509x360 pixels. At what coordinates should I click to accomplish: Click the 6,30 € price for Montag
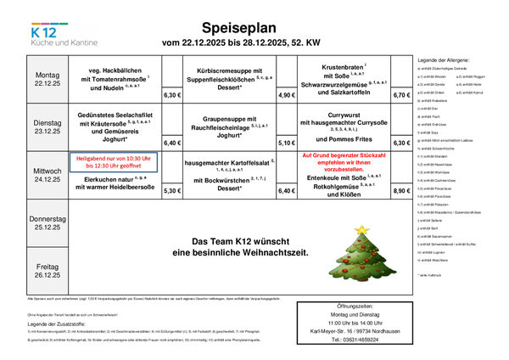tap(171, 96)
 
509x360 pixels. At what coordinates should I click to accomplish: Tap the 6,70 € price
tap(400, 96)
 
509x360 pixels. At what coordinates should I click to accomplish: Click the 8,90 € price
tap(400, 192)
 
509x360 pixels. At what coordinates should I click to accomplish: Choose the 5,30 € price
tap(171, 192)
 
